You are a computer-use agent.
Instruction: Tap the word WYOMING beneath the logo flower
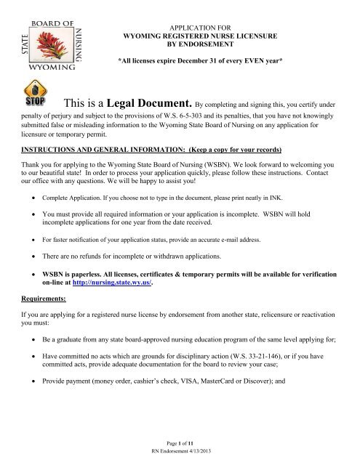click(x=47, y=65)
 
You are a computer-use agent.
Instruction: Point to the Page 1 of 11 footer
click(x=180, y=442)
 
